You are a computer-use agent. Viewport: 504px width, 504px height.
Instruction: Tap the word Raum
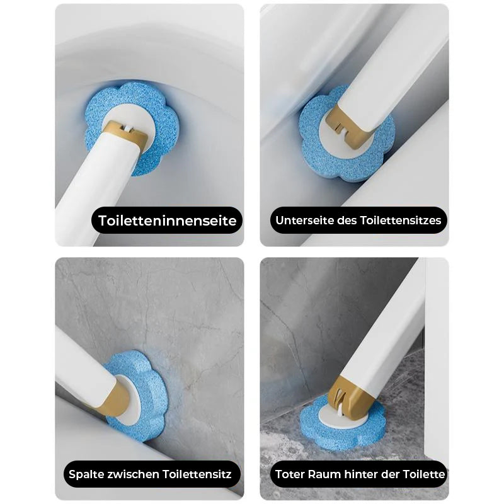pyautogui.click(x=325, y=474)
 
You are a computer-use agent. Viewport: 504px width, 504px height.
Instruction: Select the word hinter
pyautogui.click(x=360, y=474)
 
